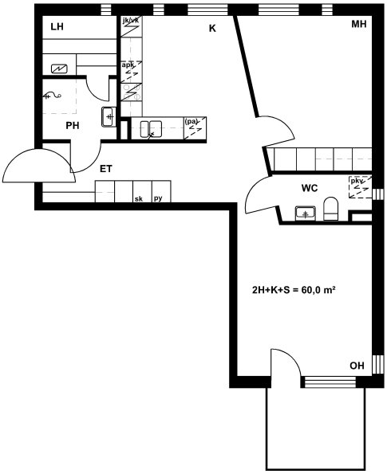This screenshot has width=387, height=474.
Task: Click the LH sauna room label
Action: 57,26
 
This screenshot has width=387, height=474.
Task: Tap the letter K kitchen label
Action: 212,29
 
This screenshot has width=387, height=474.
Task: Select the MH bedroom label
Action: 359,24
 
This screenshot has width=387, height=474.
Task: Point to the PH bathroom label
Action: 73,125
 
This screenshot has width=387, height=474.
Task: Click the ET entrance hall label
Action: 106,169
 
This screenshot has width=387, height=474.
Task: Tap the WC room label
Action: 310,188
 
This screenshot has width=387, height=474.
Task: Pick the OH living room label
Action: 357,366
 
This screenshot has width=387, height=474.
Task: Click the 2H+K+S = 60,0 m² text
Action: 294,290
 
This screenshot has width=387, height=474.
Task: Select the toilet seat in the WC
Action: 330,209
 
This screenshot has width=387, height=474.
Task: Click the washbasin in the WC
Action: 306,213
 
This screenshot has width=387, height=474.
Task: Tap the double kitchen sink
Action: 151,129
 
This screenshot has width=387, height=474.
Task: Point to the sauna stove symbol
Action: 59,69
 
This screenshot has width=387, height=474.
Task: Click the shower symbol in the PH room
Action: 52,96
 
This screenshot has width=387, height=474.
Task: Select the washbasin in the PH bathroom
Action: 109,117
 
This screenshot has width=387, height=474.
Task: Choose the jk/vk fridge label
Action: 131,21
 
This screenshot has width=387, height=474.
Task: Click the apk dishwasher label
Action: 128,65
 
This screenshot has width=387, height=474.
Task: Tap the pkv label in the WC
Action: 357,181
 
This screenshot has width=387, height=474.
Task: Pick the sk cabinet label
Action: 139,199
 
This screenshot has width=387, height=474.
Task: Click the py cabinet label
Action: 158,198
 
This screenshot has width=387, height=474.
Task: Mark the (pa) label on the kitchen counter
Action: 191,122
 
